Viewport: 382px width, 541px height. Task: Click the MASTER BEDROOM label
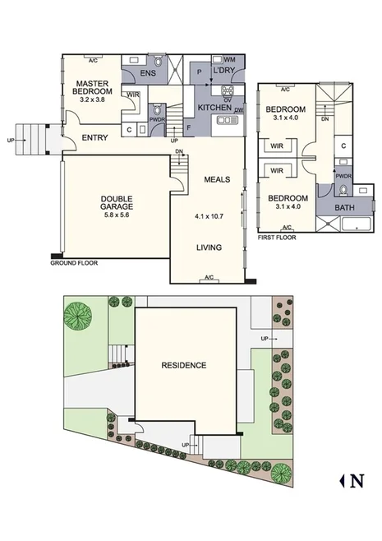pyautogui.click(x=92, y=88)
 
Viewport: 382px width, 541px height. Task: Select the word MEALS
pyautogui.click(x=217, y=179)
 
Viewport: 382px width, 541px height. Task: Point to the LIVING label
pyautogui.click(x=211, y=247)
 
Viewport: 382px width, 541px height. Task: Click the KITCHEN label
pyautogui.click(x=214, y=109)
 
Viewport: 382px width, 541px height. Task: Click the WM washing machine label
pyautogui.click(x=229, y=59)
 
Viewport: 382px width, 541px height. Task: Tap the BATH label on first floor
pyautogui.click(x=344, y=208)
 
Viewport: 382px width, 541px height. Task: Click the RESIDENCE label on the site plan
pyautogui.click(x=183, y=365)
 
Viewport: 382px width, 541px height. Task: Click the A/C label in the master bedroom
pyautogui.click(x=93, y=60)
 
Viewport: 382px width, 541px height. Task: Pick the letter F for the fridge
pyautogui.click(x=189, y=128)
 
